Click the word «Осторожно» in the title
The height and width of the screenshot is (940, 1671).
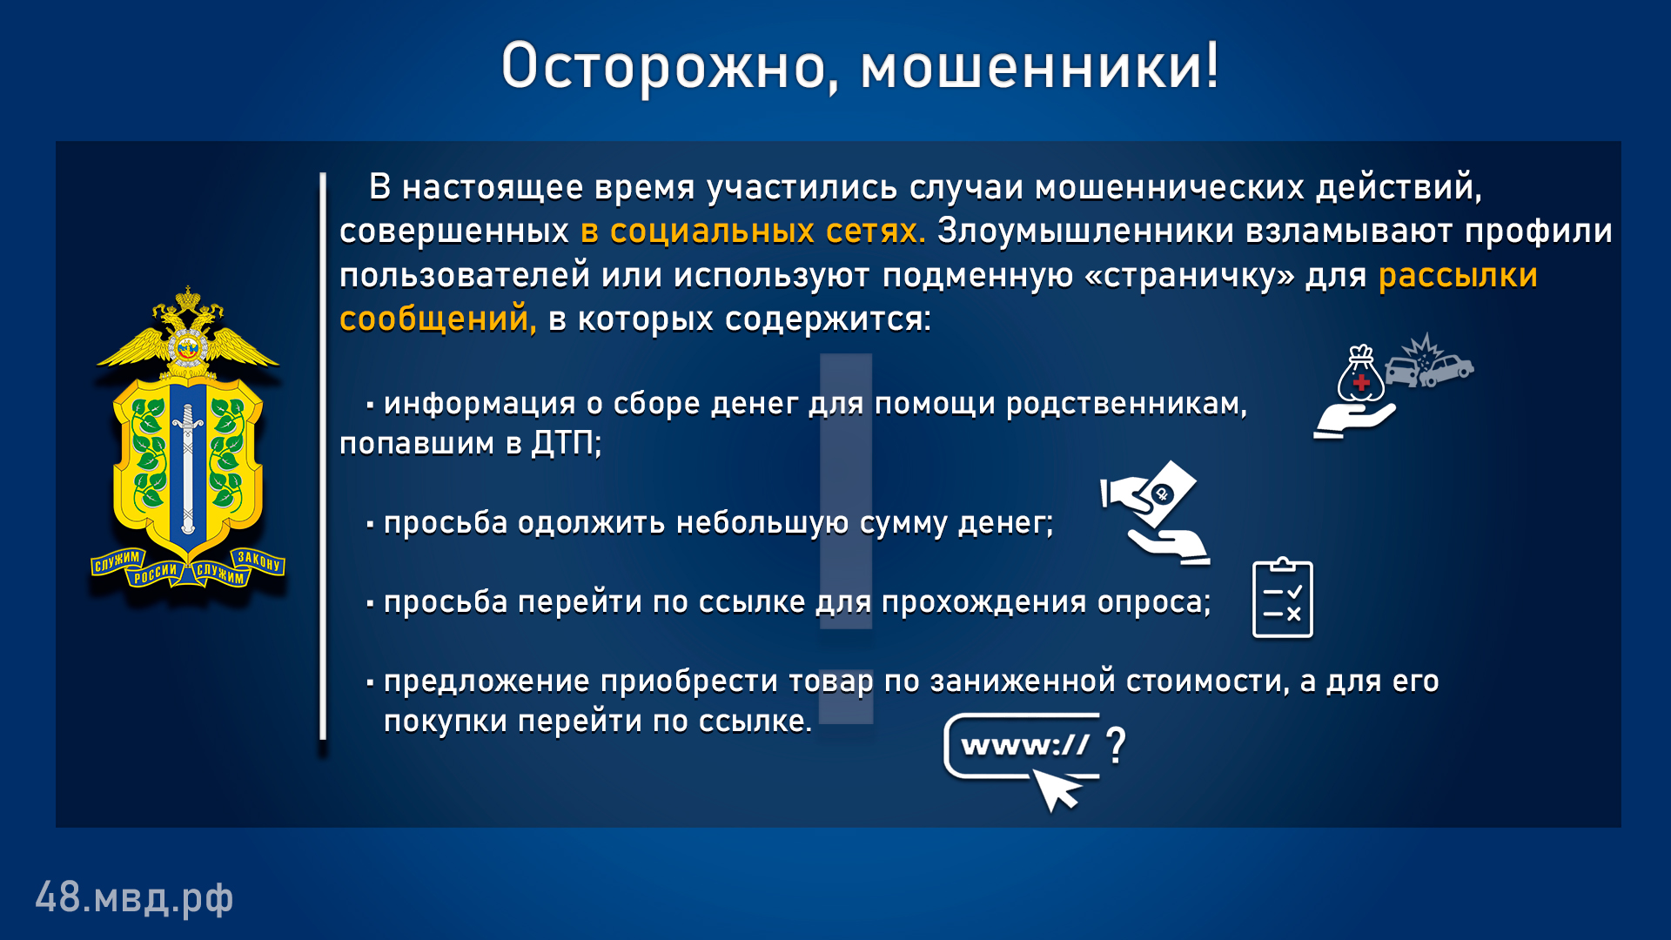(x=661, y=66)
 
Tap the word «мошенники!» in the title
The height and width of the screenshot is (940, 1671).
(x=1041, y=66)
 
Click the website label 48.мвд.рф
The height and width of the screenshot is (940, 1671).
(x=134, y=897)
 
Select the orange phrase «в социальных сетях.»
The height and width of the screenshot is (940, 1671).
(x=753, y=231)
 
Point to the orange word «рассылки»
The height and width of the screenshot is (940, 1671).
(x=1458, y=276)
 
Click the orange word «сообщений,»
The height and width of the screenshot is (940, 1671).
(x=438, y=319)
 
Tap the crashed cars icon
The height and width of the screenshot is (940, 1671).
(x=1428, y=362)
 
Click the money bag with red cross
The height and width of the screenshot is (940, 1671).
(x=1360, y=374)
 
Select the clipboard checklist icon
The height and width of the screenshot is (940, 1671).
(x=1282, y=598)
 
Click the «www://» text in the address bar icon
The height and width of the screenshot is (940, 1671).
(x=1024, y=745)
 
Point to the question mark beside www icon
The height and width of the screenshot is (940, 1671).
(x=1116, y=745)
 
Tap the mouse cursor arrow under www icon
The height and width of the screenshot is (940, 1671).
(x=1056, y=790)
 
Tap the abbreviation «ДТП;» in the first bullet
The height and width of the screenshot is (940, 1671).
(x=567, y=444)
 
